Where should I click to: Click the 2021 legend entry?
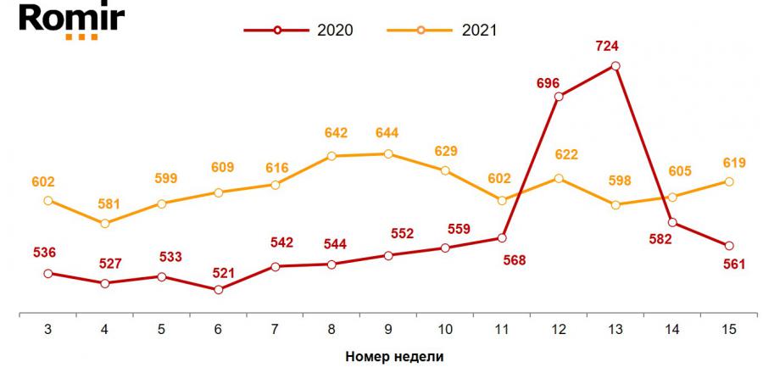(443, 31)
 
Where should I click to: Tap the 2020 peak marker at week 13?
(616, 65)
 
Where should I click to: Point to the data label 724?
(615, 47)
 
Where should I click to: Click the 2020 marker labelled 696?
(559, 97)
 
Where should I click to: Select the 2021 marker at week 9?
(388, 154)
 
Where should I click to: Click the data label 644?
(387, 133)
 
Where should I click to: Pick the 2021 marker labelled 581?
(104, 224)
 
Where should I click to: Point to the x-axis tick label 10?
(445, 327)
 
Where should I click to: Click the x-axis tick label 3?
(47, 327)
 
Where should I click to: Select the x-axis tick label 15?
(729, 327)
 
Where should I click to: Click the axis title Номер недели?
(394, 356)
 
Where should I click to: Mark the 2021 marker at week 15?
(729, 181)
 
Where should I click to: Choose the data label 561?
(733, 264)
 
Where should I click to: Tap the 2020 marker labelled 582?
(672, 223)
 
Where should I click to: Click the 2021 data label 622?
(560, 155)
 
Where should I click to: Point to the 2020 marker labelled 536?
(47, 274)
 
